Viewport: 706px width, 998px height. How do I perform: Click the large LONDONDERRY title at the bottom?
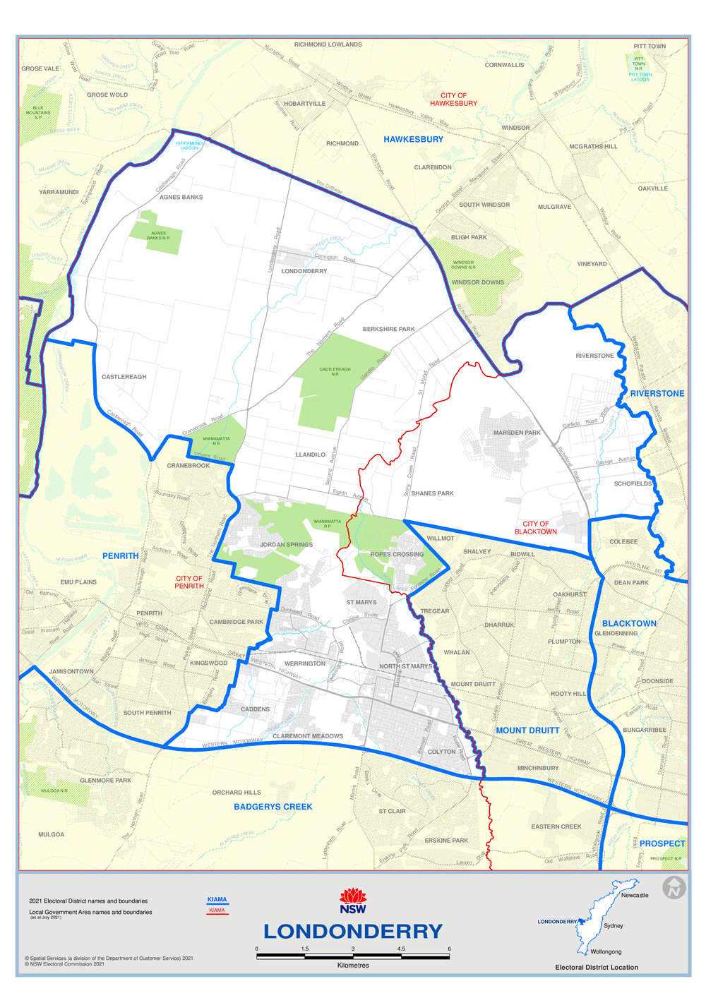(353, 931)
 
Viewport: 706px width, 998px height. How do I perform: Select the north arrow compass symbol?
(674, 888)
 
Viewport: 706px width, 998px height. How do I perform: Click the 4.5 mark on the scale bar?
(401, 949)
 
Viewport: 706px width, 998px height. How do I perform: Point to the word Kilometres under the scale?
(353, 965)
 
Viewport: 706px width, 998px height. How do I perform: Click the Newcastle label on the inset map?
(635, 895)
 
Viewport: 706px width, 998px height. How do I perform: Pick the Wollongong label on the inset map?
(606, 951)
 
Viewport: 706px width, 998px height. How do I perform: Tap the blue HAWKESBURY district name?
(413, 139)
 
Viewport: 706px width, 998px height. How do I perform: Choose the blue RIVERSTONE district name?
(657, 393)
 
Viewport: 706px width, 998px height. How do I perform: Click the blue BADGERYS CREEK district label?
(273, 807)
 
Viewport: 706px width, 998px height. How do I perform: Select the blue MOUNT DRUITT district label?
(527, 731)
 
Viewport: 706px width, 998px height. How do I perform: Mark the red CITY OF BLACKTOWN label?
(535, 528)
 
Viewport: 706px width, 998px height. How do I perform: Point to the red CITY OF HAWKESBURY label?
(453, 100)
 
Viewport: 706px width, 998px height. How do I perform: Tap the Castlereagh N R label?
(335, 370)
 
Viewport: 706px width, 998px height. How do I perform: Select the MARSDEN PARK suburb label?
(517, 433)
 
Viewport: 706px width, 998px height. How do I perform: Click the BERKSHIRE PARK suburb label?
(388, 329)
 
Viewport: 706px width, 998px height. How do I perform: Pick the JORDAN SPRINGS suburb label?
(286, 545)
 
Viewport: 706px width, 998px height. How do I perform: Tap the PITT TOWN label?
(650, 46)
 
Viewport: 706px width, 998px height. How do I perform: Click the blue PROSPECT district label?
(662, 843)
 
